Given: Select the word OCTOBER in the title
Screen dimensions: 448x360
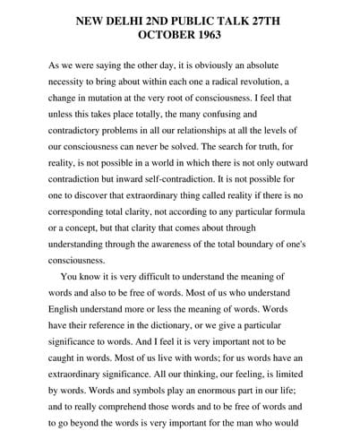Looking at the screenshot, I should (x=160, y=35).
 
